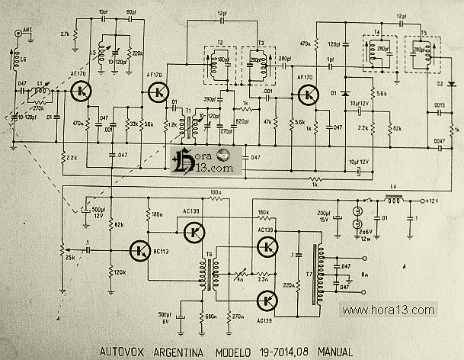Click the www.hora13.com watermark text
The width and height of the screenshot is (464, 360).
[x=388, y=310]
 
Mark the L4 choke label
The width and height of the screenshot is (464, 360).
[x=393, y=188]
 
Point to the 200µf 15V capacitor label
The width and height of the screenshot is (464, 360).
[x=324, y=215]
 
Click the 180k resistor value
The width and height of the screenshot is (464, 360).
[x=264, y=211]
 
